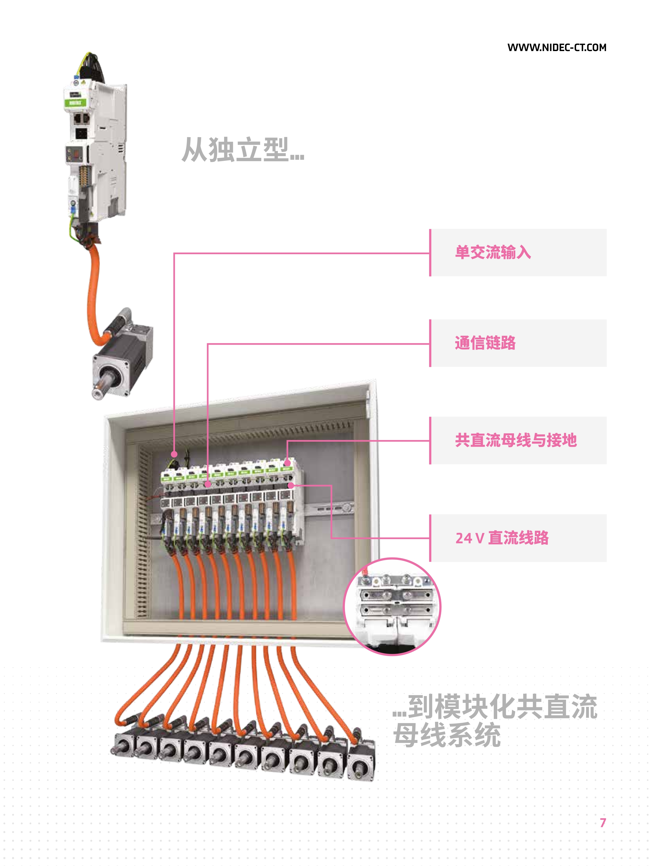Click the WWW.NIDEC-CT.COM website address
(557, 47)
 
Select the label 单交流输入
(493, 252)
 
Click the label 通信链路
(485, 343)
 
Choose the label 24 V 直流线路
(502, 538)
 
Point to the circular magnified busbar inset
(392, 606)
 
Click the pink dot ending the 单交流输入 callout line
(174, 454)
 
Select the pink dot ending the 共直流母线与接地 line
(287, 463)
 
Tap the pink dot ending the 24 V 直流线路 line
(291, 486)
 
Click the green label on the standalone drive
(75, 103)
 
